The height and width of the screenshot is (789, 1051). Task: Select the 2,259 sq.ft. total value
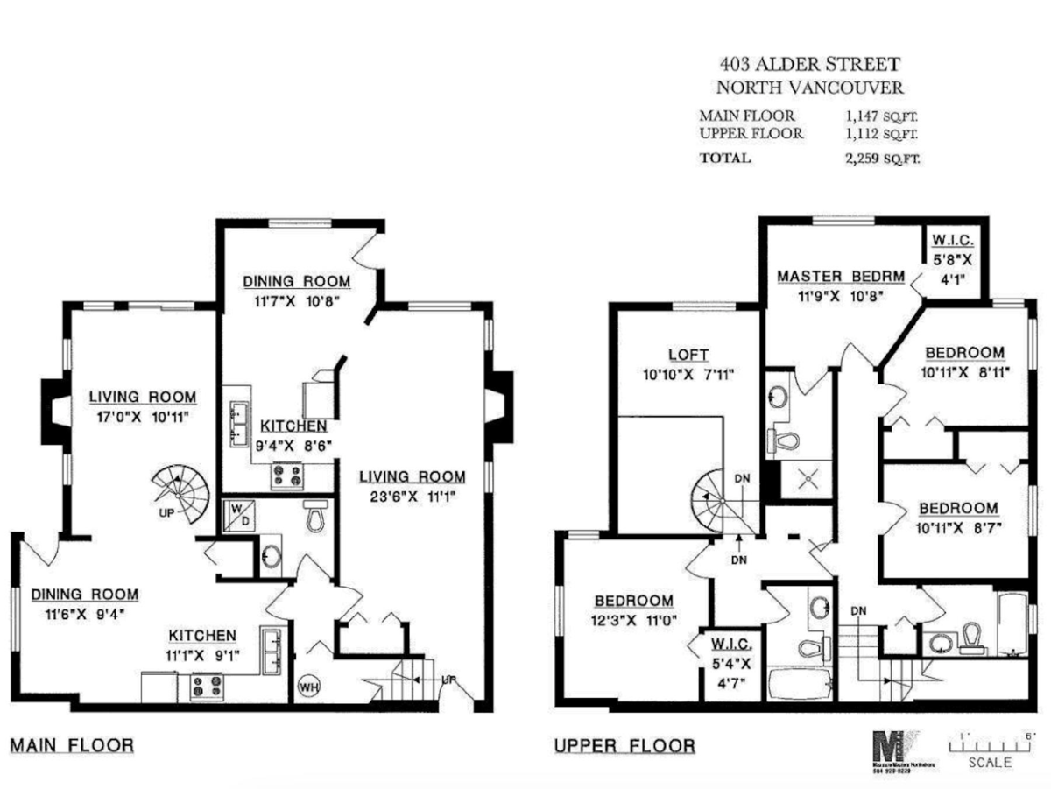coord(878,159)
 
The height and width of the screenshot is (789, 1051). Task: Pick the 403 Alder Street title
coord(808,64)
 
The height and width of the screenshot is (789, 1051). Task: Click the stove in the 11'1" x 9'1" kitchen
coord(208,685)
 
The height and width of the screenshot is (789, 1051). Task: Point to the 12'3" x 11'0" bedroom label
coord(634,609)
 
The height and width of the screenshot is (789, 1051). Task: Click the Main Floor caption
coord(72,746)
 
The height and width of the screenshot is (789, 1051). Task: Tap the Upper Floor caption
coord(624,746)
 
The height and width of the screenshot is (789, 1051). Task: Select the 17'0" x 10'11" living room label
coord(143,406)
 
